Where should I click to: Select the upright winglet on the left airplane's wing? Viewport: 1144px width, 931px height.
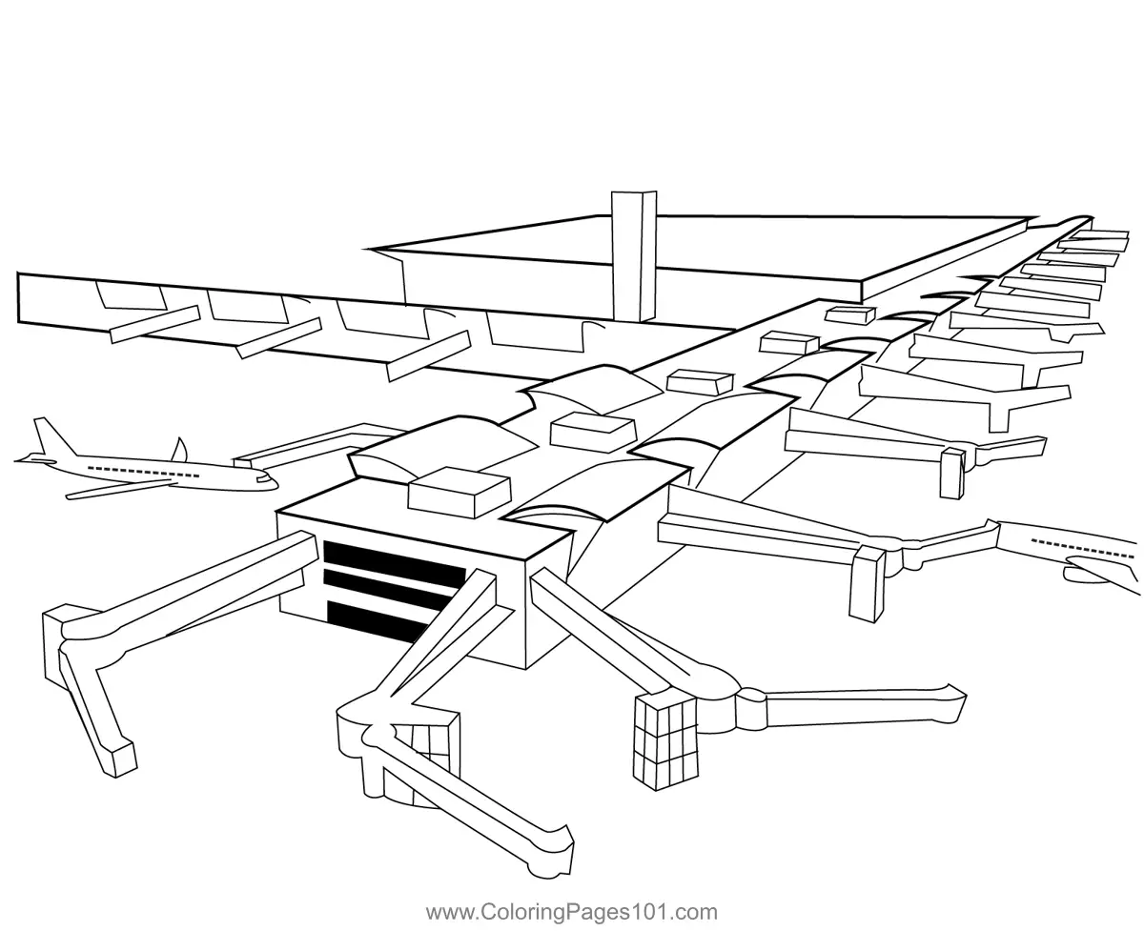tap(178, 449)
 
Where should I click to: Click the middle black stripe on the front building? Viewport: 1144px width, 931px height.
tap(386, 591)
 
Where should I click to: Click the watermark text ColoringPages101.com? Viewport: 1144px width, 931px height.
tap(571, 912)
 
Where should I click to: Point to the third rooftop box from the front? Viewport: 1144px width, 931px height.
tap(700, 383)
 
